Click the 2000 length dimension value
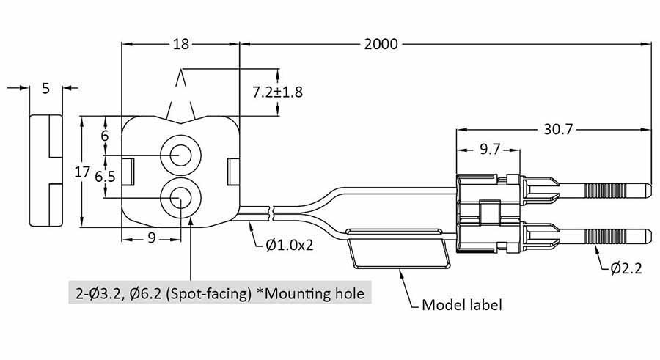point(381,44)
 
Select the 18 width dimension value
point(180,44)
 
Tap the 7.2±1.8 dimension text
point(277,92)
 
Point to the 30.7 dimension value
point(559,129)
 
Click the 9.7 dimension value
point(489,150)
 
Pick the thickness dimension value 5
point(46,89)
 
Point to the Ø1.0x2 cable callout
point(289,245)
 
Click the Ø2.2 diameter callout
point(626,268)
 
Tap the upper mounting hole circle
point(180,155)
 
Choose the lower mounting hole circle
point(180,197)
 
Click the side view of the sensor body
point(46,172)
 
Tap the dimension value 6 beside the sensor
point(105,136)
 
